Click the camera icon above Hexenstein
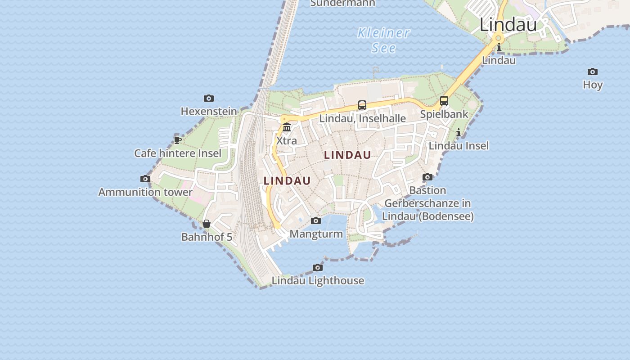[208, 98]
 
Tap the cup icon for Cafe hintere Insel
[178, 140]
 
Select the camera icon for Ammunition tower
[145, 179]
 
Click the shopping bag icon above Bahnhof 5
[207, 224]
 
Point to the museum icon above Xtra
[287, 127]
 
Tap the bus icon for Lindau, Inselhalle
[362, 105]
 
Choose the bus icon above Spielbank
[444, 101]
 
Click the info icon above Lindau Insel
[459, 132]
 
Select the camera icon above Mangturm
[316, 220]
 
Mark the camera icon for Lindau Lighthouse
[318, 267]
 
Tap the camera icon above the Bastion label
[427, 177]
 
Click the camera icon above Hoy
[593, 72]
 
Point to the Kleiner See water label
[384, 40]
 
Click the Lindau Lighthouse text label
[318, 280]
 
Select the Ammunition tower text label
[145, 192]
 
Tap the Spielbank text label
[444, 114]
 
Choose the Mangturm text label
[316, 234]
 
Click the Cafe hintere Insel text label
[178, 153]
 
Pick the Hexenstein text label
[208, 111]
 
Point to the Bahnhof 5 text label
[207, 237]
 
